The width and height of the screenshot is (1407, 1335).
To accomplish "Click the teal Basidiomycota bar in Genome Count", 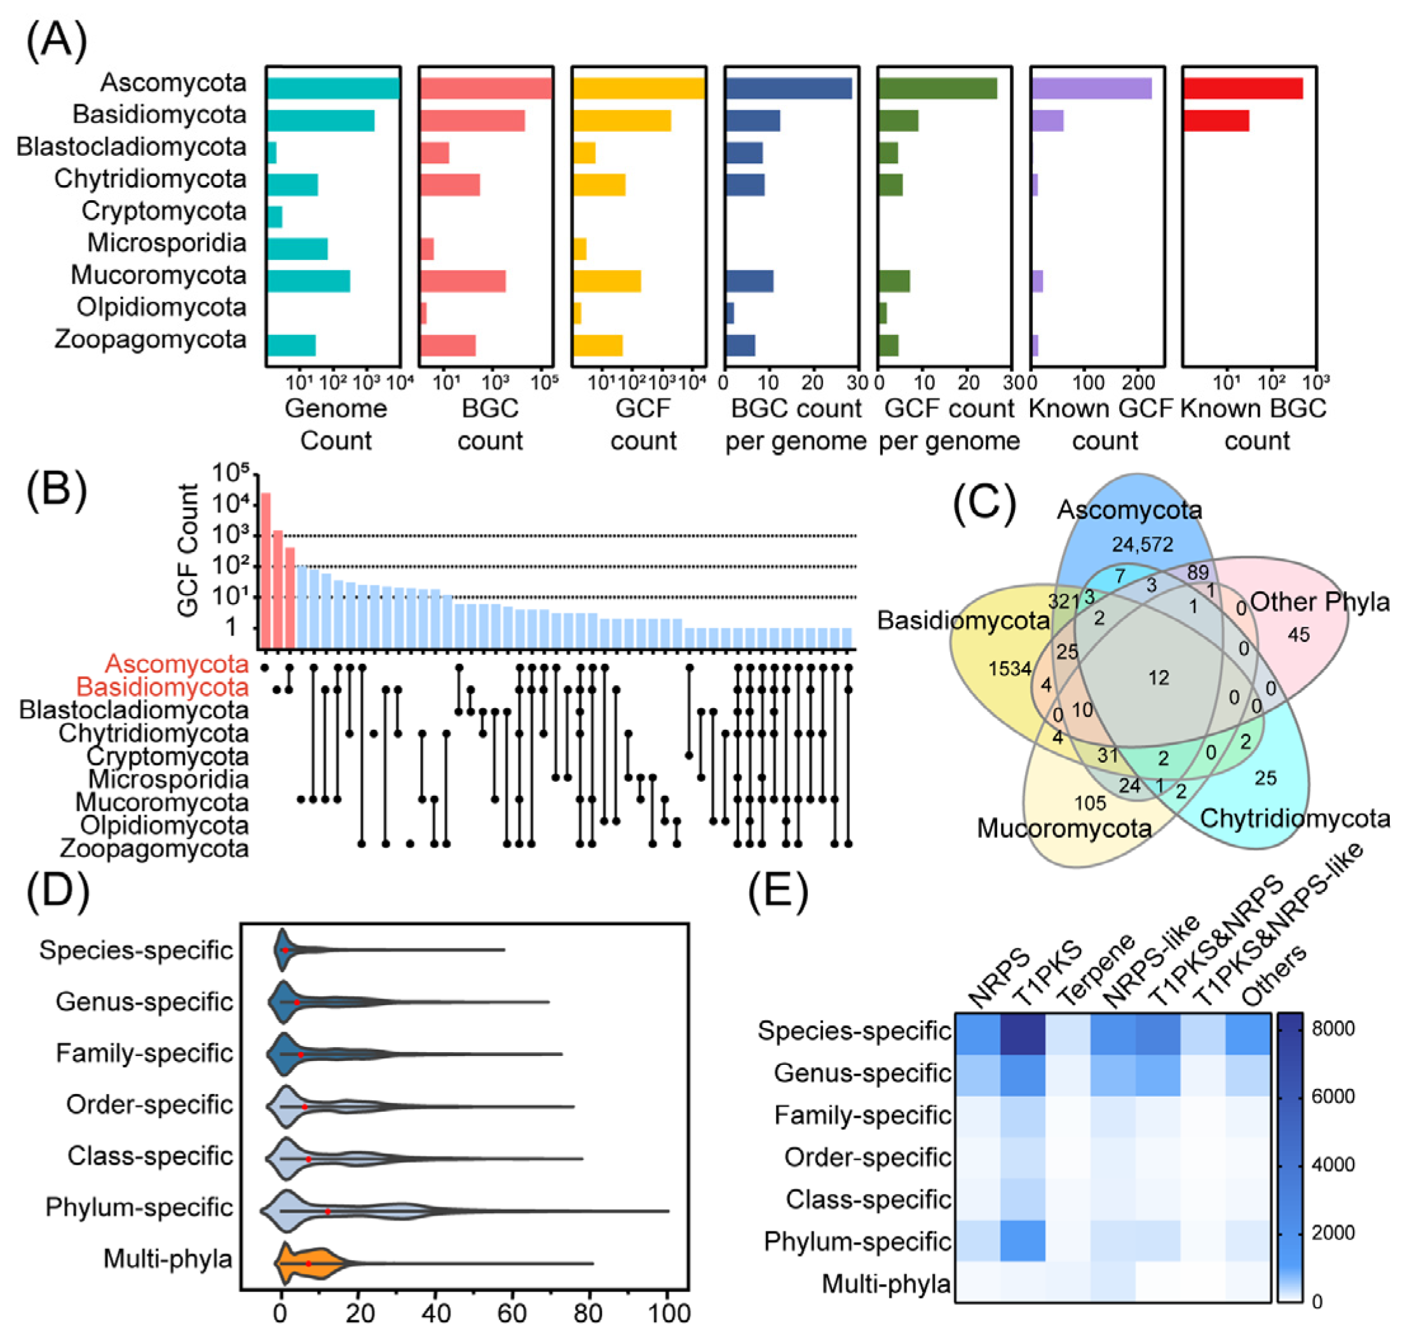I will (320, 120).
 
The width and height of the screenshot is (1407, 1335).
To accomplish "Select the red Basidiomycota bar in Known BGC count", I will (1216, 120).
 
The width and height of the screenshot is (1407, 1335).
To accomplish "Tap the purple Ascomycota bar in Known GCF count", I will (1091, 88).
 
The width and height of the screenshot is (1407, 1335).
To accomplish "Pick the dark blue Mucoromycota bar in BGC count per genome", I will (749, 280).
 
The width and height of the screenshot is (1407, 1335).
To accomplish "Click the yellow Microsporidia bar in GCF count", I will (580, 249).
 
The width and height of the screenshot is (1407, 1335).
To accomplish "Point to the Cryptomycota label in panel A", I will (163, 210).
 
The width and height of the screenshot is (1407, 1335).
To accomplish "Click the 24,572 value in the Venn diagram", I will (1143, 544).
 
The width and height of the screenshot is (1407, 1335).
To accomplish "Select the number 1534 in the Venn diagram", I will (1009, 668).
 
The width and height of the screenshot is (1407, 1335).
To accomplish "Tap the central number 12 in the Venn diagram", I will (1158, 678).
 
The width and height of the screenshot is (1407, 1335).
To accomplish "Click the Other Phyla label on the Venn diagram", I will (1319, 602).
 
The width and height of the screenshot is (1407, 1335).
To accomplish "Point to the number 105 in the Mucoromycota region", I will (1090, 804).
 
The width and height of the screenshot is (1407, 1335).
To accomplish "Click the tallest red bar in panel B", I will (266, 570).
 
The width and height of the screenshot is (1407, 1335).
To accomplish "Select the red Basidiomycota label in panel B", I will (162, 687).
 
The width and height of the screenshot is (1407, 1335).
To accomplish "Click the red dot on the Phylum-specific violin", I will (327, 1211).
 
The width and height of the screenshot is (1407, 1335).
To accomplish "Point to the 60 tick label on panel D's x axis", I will (512, 1312).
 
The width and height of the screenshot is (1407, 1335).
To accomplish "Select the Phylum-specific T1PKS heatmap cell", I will (1022, 1241).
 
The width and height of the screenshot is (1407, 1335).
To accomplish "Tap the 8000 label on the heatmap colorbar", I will (1333, 1029).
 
